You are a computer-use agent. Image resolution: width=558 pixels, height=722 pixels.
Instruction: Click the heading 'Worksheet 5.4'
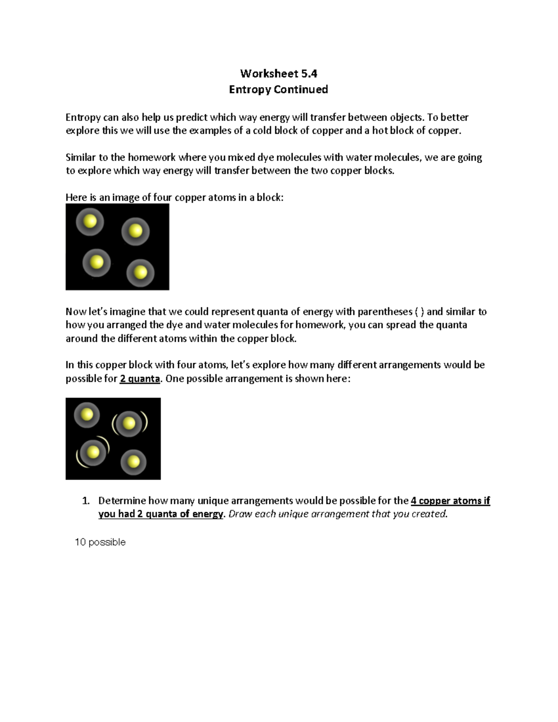click(278, 73)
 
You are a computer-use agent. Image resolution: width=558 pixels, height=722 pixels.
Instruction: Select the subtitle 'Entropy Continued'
click(278, 89)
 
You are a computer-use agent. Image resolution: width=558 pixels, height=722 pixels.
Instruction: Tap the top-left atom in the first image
click(90, 221)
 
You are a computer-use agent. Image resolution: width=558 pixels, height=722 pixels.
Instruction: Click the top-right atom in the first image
click(135, 231)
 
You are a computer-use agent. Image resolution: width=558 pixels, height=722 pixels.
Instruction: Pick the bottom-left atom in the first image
click(97, 262)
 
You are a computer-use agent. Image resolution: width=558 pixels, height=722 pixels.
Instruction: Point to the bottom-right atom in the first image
click(140, 272)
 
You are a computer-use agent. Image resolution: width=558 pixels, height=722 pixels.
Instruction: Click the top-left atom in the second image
click(87, 414)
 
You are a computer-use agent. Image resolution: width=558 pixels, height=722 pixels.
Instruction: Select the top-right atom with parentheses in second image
click(129, 423)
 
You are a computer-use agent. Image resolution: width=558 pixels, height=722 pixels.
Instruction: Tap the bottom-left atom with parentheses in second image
click(93, 452)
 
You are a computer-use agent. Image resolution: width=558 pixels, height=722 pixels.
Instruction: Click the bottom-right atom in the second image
click(133, 462)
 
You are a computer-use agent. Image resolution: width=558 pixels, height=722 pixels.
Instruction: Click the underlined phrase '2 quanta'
click(139, 378)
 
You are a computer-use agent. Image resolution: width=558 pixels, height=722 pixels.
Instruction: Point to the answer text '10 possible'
click(100, 542)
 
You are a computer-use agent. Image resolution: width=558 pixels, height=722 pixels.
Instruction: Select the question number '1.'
click(85, 501)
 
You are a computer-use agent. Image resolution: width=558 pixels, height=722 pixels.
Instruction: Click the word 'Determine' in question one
click(121, 501)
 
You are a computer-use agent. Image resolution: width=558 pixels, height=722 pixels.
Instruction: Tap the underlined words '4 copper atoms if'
click(450, 501)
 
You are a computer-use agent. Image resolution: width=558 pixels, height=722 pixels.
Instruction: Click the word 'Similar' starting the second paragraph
click(80, 158)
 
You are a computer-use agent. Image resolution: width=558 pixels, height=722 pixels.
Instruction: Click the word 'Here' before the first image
click(76, 198)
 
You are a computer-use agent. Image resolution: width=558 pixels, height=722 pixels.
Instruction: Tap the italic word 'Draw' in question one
click(240, 514)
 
